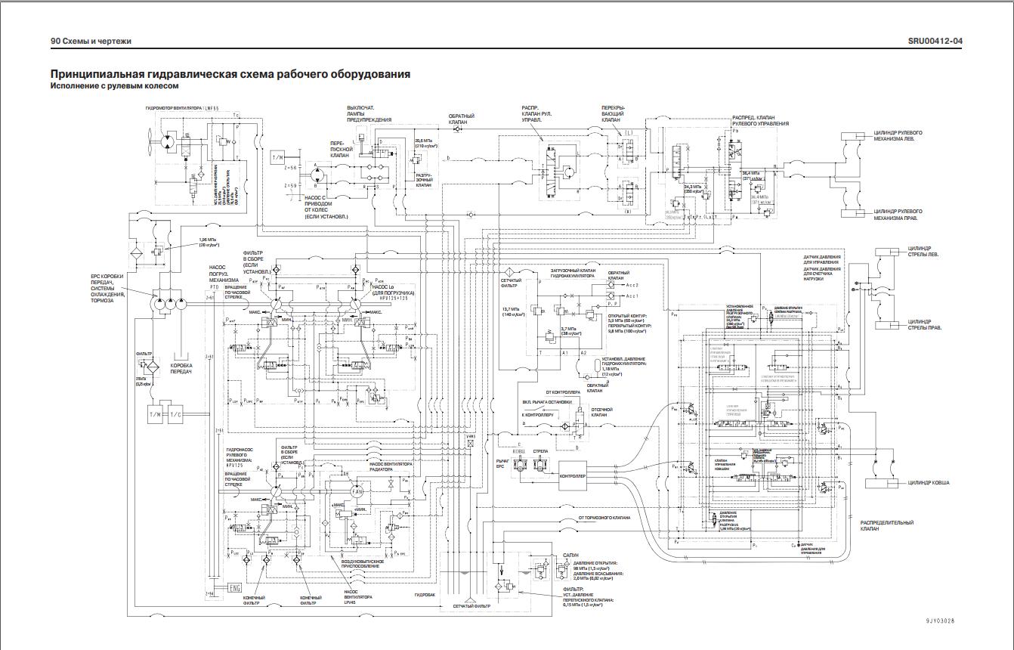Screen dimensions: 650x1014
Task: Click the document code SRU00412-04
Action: pyautogui.click(x=935, y=41)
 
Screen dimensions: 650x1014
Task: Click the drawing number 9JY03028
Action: pyautogui.click(x=940, y=621)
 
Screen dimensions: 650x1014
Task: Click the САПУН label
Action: pyautogui.click(x=570, y=555)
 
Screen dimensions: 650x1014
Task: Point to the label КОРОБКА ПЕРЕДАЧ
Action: pyautogui.click(x=181, y=369)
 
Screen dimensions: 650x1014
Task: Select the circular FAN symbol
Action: pyautogui.click(x=358, y=492)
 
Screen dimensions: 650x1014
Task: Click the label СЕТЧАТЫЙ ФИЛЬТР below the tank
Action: pyautogui.click(x=471, y=607)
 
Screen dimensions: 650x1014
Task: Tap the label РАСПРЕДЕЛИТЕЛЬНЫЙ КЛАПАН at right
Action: pyautogui.click(x=886, y=526)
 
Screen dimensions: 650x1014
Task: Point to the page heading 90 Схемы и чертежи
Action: pyautogui.click(x=90, y=41)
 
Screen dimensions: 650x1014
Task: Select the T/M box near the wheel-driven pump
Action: pyautogui.click(x=277, y=158)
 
